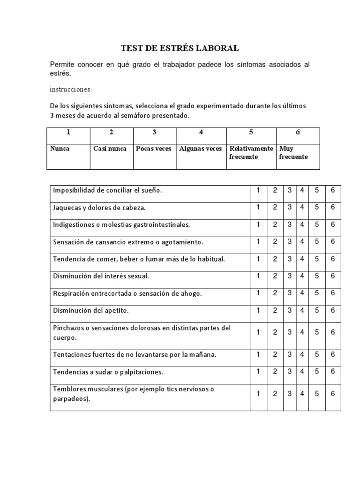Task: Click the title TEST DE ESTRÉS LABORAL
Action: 180,48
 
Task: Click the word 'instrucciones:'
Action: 71,89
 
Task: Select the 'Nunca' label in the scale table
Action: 60,149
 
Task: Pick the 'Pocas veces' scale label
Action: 153,149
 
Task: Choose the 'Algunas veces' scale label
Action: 200,149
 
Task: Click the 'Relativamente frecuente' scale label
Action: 251,152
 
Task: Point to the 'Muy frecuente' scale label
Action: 293,152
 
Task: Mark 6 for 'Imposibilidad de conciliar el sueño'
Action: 332,190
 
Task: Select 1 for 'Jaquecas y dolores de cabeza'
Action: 258,207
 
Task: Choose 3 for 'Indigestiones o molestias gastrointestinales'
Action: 290,225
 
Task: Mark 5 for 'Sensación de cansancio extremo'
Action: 317,241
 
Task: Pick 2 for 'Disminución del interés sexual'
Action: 275,276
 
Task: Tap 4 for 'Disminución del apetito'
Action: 302,310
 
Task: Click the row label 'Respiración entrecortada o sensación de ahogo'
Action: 127,293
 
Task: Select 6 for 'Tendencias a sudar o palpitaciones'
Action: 332,371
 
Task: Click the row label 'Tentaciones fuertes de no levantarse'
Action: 135,355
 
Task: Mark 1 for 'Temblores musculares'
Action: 258,394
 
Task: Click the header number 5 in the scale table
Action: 251,132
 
